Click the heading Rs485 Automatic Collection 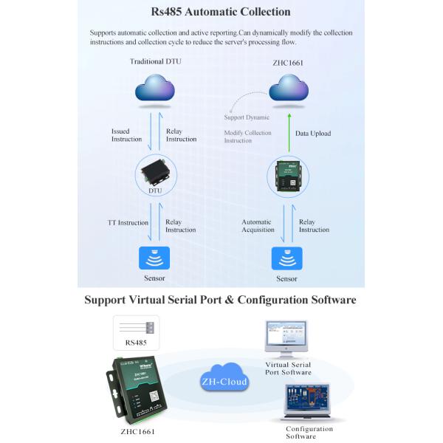(221, 12)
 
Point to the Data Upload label (313, 134)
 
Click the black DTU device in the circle (155, 173)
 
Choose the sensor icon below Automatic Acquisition (287, 258)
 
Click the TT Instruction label (128, 222)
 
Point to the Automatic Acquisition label (257, 225)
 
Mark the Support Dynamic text (247, 117)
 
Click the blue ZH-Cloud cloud (224, 380)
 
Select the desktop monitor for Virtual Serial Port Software (286, 339)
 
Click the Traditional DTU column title (155, 61)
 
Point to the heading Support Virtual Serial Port (220, 301)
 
